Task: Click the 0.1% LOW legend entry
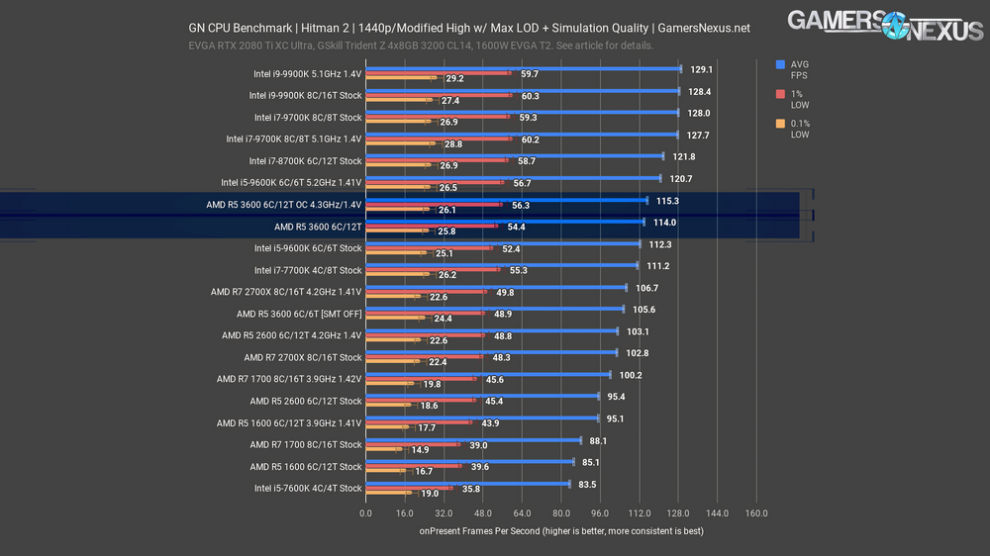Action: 799,129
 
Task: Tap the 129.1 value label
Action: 702,69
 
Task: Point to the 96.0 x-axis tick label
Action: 600,513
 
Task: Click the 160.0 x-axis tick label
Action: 755,513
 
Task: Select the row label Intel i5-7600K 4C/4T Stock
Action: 308,488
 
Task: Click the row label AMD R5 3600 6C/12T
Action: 318,227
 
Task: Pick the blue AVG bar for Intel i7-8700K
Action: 514,156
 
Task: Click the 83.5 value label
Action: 588,485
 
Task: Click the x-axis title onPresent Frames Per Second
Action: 560,532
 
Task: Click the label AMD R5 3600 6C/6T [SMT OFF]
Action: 295,314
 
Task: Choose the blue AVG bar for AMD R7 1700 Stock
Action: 473,440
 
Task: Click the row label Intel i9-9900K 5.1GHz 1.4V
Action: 307,74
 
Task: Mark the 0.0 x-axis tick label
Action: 366,513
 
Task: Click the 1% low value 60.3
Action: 530,96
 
